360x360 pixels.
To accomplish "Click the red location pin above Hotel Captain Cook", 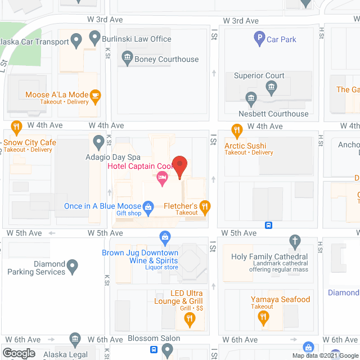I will [179, 166].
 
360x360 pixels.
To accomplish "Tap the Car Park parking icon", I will [259, 39].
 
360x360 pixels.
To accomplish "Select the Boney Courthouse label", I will [166, 59].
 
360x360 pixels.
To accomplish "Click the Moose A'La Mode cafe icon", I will [96, 96].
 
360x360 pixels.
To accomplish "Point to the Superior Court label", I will [259, 75].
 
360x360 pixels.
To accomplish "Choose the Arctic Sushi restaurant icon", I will [237, 130].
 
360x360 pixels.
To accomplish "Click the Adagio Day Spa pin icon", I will [98, 141].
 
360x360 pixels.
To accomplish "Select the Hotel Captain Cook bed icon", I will [163, 179].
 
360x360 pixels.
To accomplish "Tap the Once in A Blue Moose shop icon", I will [148, 206].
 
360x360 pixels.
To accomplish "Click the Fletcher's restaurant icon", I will [205, 208].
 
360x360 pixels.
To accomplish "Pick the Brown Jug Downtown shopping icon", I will [165, 237].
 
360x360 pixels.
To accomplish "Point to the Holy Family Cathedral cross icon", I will [294, 242].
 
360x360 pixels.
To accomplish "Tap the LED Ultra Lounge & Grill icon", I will [190, 320].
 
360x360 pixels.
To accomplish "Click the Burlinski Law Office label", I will [137, 39].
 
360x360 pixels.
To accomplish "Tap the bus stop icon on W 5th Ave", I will [269, 225].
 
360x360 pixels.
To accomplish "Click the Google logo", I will [19, 353].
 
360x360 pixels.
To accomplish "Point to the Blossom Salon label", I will [154, 338].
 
